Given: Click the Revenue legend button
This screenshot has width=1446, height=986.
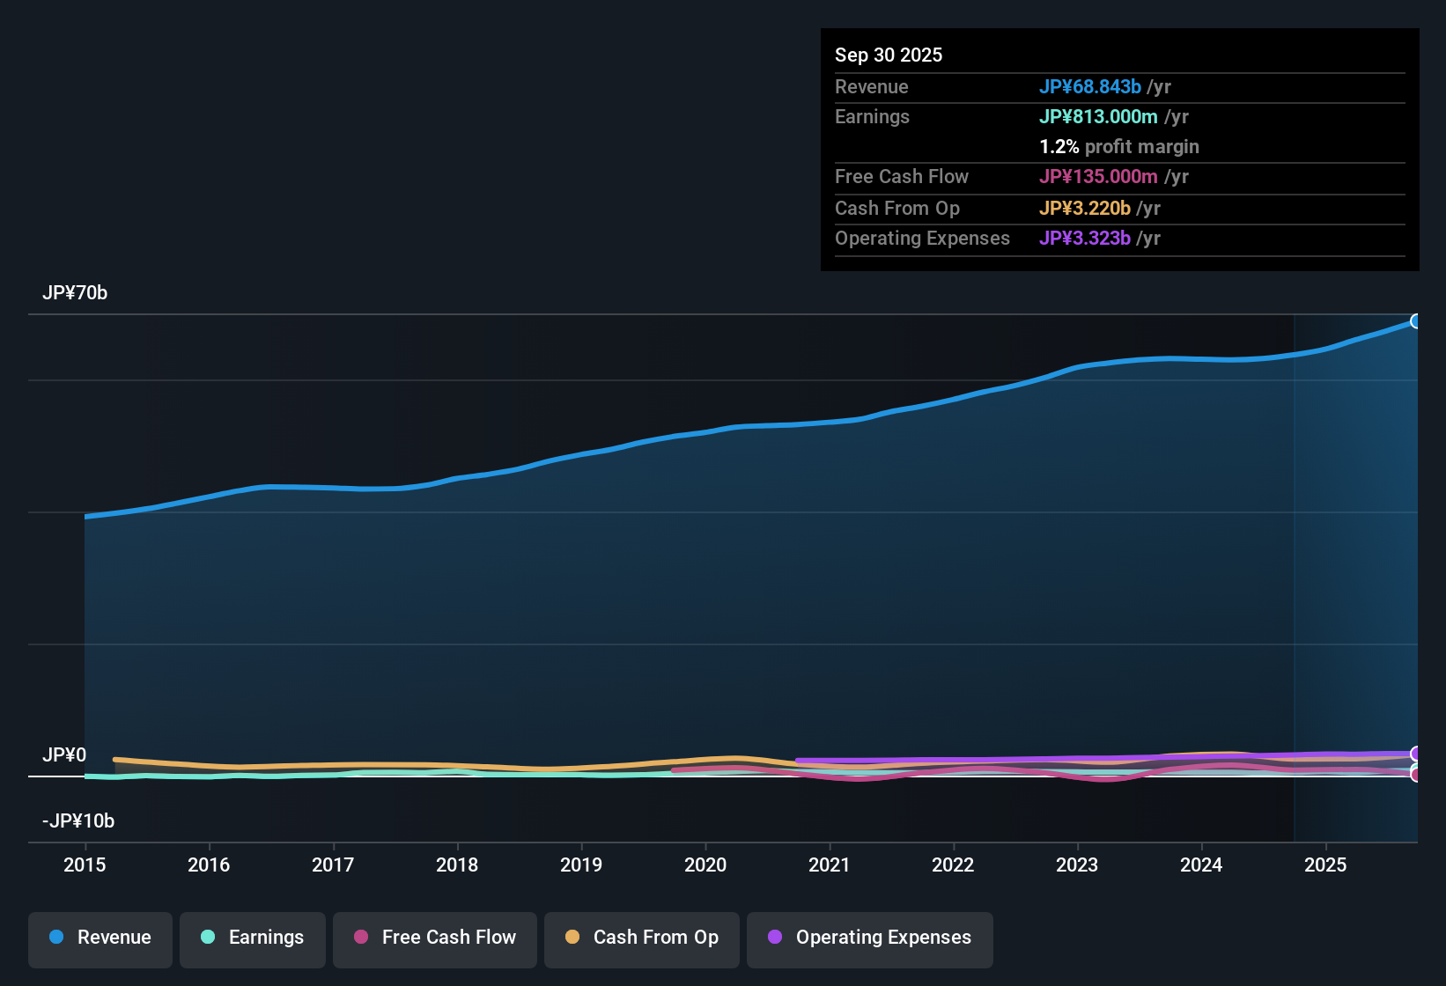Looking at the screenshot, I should pyautogui.click(x=100, y=938).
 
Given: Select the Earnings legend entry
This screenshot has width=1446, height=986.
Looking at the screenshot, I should pyautogui.click(x=253, y=938).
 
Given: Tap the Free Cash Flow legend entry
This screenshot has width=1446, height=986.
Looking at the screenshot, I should pyautogui.click(x=435, y=938).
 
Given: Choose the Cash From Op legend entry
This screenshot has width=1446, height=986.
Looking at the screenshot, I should pyautogui.click(x=642, y=938).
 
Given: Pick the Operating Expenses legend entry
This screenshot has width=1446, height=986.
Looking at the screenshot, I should pyautogui.click(x=870, y=938).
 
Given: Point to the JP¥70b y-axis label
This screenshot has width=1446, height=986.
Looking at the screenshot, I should pyautogui.click(x=75, y=293).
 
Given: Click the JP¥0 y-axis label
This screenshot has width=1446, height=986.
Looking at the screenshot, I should pyautogui.click(x=64, y=755).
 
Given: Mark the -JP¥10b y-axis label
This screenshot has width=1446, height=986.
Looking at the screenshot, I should pyautogui.click(x=78, y=821).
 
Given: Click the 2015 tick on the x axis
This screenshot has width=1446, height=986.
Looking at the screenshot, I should pyautogui.click(x=85, y=865).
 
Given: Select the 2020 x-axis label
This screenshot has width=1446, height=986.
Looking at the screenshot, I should pyautogui.click(x=705, y=865).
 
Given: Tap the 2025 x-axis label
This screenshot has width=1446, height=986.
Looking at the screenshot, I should pyautogui.click(x=1325, y=865).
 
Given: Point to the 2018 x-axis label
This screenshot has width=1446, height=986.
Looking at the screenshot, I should pyautogui.click(x=457, y=865).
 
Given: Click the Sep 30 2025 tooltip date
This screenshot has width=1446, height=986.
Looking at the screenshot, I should pyautogui.click(x=889, y=55).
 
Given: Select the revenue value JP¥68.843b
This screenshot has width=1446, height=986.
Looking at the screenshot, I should pyautogui.click(x=1090, y=87).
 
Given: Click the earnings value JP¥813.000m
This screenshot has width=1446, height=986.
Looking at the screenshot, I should pyautogui.click(x=1098, y=117).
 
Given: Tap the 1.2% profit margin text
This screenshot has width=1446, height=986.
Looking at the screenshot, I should pyautogui.click(x=1119, y=147).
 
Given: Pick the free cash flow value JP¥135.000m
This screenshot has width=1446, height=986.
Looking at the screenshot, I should pyautogui.click(x=1098, y=177).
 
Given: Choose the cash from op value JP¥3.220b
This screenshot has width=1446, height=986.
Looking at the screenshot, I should pyautogui.click(x=1085, y=209).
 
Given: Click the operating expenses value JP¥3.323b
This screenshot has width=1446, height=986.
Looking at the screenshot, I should pyautogui.click(x=1085, y=239).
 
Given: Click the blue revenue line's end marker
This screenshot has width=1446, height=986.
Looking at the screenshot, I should pyautogui.click(x=1415, y=321).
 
